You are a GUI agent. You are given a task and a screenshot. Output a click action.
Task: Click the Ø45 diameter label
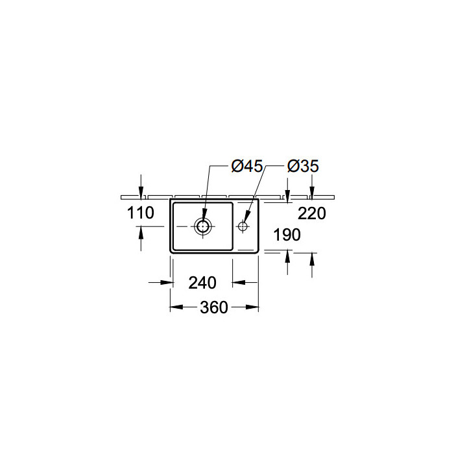(x=247, y=166)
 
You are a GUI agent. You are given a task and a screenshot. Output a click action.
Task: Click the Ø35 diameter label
(x=303, y=166)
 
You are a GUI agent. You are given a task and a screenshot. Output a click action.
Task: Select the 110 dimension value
(x=141, y=213)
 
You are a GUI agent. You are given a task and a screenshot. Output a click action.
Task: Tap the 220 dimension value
(x=312, y=213)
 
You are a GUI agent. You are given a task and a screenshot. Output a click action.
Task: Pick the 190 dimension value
(x=287, y=235)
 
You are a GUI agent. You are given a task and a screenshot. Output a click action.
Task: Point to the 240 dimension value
(x=202, y=283)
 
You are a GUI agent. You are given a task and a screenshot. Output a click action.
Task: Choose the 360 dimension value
(x=214, y=307)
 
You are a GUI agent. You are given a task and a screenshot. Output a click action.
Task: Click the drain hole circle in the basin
(x=202, y=226)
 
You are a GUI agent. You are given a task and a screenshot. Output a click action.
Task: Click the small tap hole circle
(x=243, y=226)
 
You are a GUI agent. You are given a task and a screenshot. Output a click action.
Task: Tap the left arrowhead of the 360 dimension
(x=176, y=307)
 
